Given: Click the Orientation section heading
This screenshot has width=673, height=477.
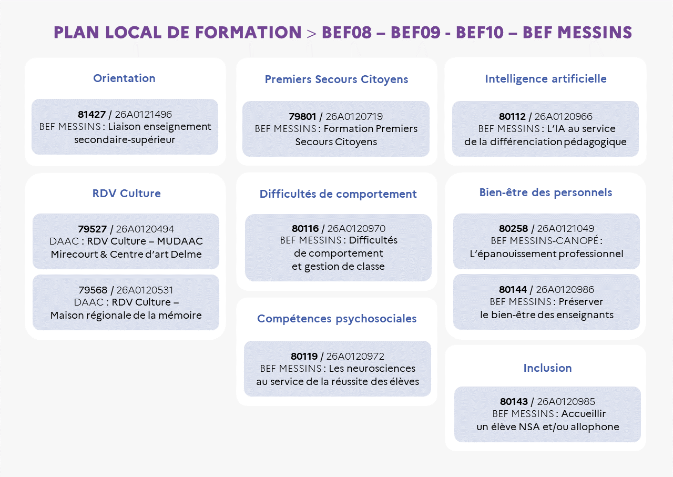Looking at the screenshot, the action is point(124,78).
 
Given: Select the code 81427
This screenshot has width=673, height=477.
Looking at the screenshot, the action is point(91,115).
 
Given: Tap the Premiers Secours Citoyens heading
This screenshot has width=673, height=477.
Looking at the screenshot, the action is point(336,79).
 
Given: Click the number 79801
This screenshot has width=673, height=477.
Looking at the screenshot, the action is point(302,117).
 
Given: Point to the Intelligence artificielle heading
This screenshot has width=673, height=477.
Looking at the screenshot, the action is point(546,79).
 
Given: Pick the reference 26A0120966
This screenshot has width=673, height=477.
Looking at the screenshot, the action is point(563,117).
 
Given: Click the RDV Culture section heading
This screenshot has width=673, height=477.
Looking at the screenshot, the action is point(127,193).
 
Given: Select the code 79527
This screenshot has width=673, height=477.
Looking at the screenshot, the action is point(92,229).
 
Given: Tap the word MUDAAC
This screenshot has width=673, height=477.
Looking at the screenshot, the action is point(180,241).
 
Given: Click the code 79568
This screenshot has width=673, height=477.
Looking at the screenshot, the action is point(93,290).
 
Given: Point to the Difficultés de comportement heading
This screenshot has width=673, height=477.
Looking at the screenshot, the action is point(338,194).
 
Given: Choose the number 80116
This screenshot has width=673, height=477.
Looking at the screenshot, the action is point(305,228).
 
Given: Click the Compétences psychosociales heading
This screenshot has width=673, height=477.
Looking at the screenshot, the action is point(337,319).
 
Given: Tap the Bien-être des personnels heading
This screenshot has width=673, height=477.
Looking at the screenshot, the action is point(546,192).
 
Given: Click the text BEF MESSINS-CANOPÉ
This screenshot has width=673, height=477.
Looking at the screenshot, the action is point(545,241).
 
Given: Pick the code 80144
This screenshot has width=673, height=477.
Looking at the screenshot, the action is point(513,289).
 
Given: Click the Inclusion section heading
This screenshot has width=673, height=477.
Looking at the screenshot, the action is point(547,368).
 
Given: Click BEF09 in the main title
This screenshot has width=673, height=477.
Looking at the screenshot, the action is point(415,33).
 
